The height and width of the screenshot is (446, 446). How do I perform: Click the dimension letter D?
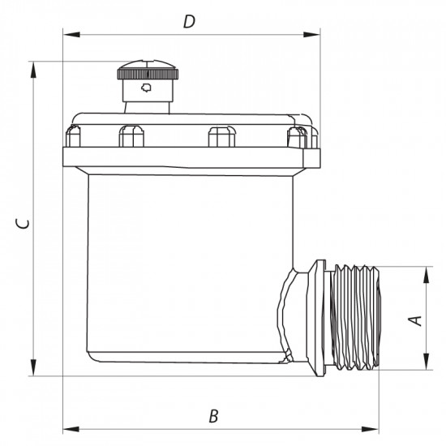pyautogui.click(x=190, y=22)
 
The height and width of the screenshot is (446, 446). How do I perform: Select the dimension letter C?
pyautogui.click(x=22, y=224)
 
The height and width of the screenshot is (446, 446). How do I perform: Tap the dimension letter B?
pyautogui.click(x=213, y=417)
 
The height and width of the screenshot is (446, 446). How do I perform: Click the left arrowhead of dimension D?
pyautogui.click(x=71, y=35)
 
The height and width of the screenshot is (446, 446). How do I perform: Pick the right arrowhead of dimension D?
pyautogui.click(x=311, y=35)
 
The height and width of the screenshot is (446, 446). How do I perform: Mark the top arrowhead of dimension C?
pyautogui.click(x=33, y=70)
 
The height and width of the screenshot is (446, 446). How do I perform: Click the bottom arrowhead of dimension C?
pyautogui.click(x=33, y=367)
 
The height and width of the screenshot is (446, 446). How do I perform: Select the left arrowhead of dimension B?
pyautogui.click(x=71, y=429)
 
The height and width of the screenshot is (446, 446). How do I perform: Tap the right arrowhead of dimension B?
pyautogui.click(x=371, y=429)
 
